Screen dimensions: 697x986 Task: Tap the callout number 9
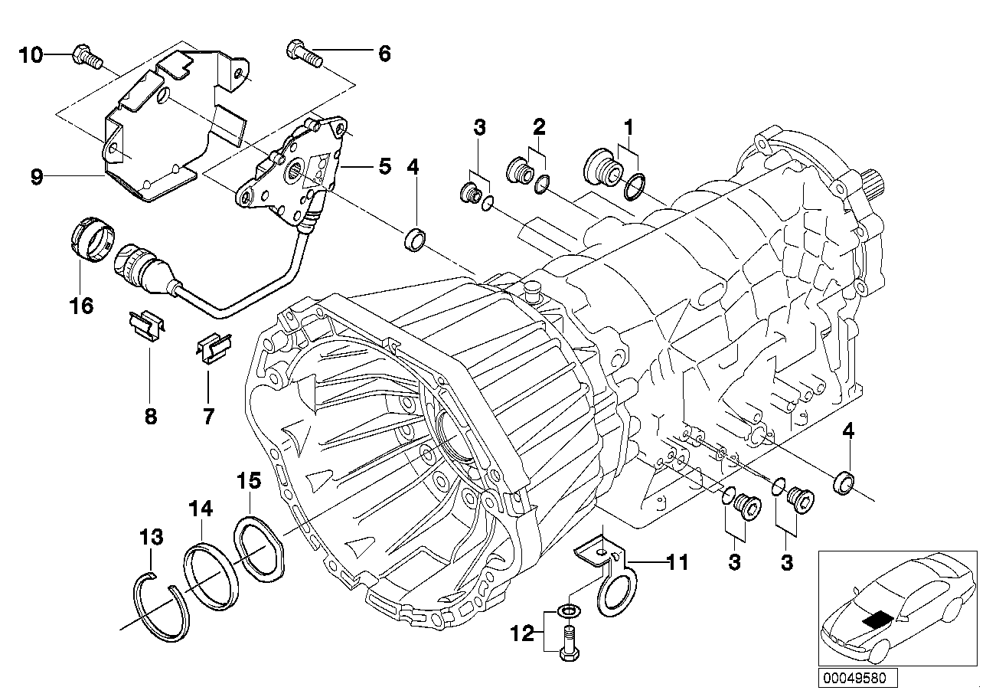pos(37,177)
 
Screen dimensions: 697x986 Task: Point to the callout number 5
pos(384,165)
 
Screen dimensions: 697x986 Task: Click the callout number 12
pos(523,635)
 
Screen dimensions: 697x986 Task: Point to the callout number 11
pos(677,563)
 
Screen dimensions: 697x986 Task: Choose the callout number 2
pos(538,127)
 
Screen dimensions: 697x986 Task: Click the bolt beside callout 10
pos(87,57)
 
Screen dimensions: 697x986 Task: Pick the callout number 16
pos(81,306)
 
